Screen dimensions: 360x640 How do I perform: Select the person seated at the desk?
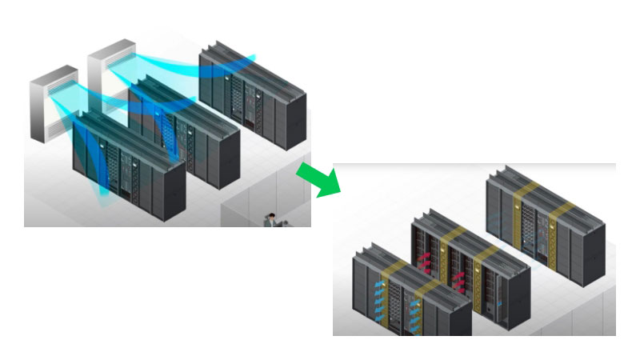(273, 219)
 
